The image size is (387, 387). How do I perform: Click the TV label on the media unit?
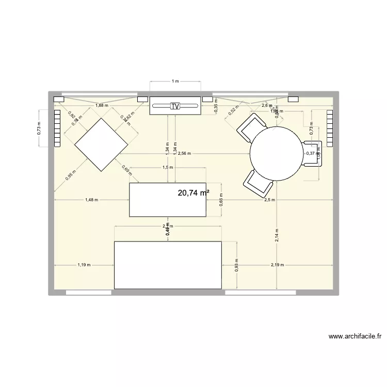[x=175, y=106]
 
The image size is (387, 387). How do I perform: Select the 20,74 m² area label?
[x=193, y=193]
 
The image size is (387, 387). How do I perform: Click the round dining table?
[x=277, y=154]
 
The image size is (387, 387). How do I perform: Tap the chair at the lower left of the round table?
[x=256, y=182]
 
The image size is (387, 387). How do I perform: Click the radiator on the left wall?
[x=57, y=128]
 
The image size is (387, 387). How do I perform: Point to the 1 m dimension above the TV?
[x=175, y=81]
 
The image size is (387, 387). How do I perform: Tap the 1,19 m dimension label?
[x=84, y=265]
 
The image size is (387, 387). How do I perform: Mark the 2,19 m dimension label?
[x=278, y=265]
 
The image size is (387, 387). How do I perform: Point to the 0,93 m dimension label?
[x=236, y=265]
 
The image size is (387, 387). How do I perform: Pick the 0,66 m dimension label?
[x=221, y=200]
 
